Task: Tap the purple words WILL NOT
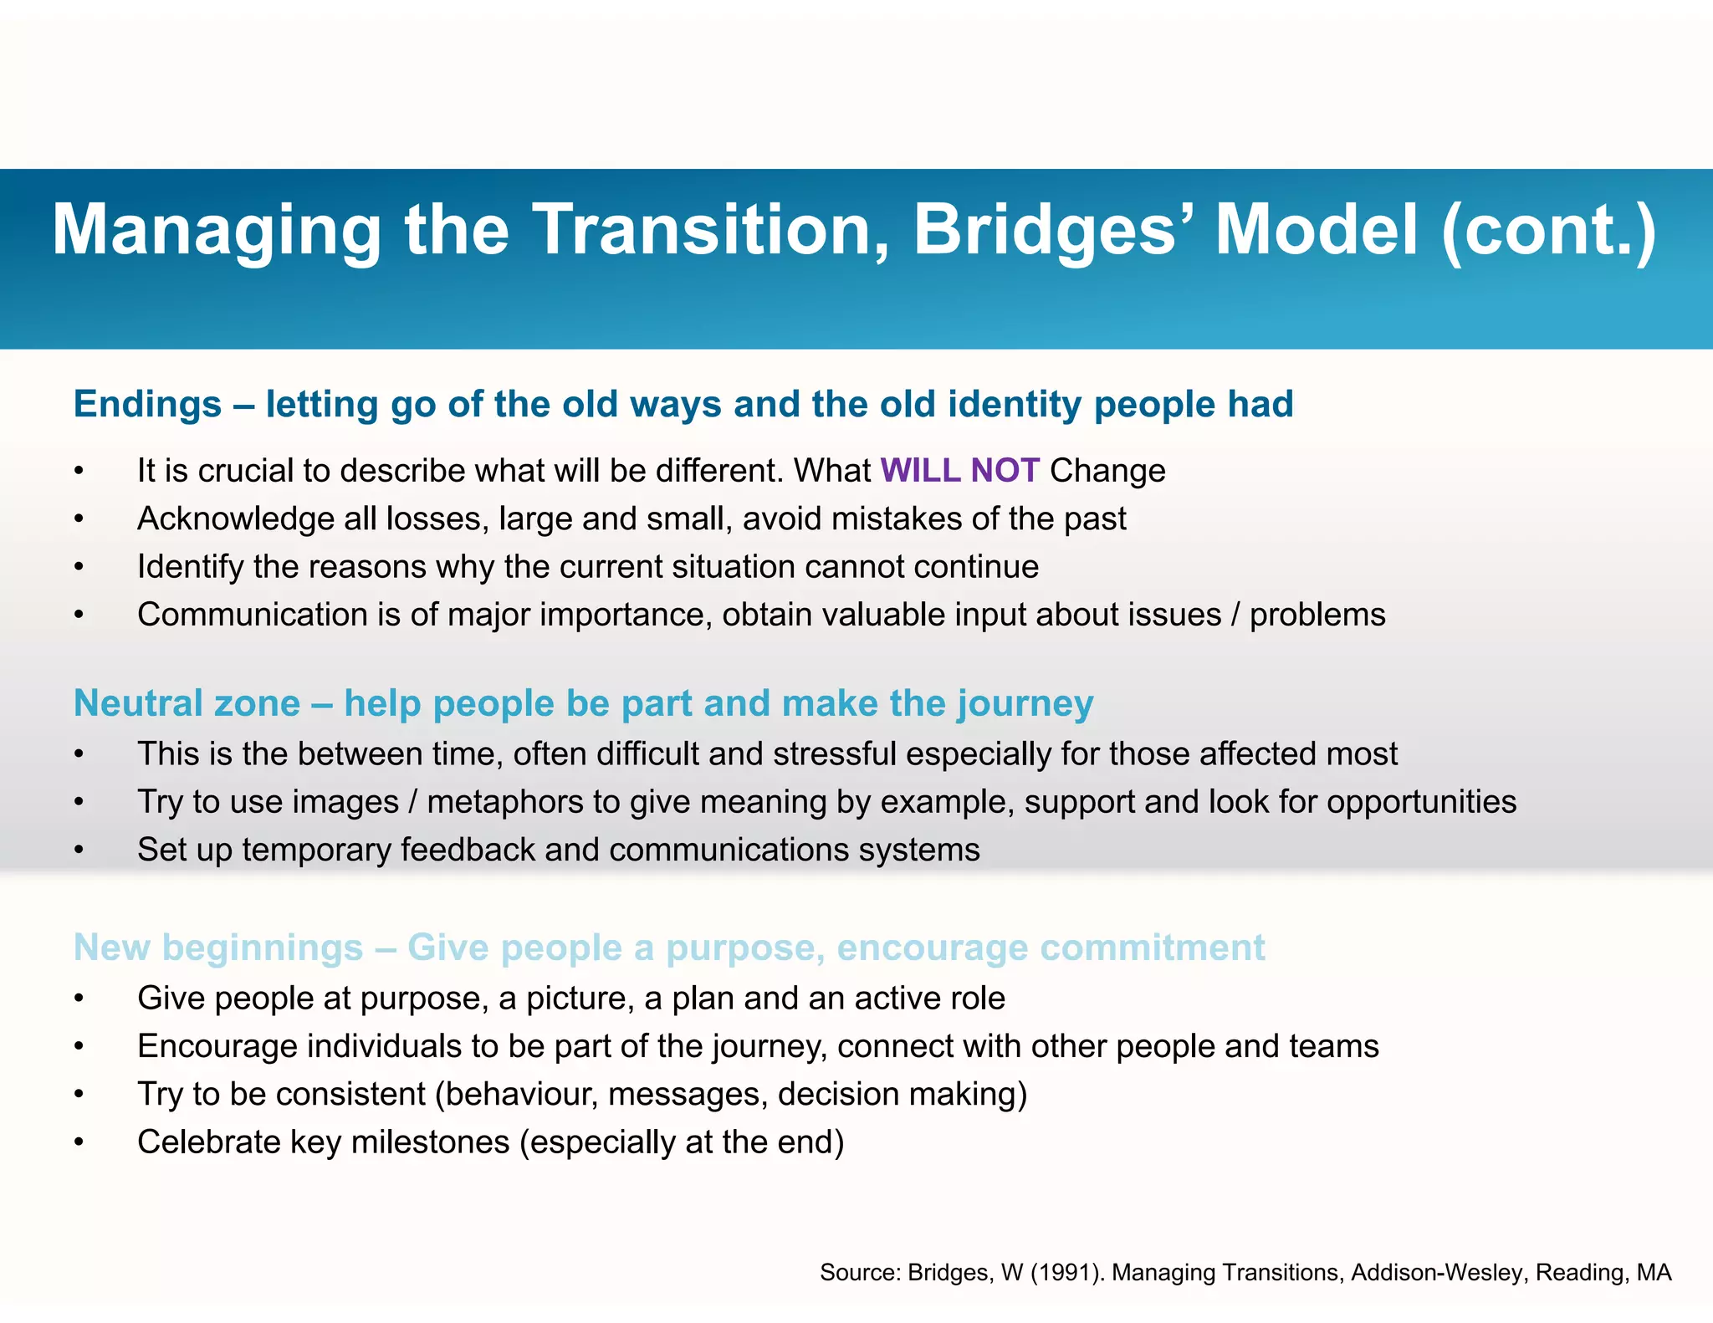click(x=959, y=471)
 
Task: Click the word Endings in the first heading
click(x=147, y=405)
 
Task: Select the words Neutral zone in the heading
click(x=187, y=703)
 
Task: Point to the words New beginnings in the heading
click(x=218, y=948)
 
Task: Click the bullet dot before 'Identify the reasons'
click(x=79, y=568)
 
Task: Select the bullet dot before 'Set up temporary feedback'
click(x=79, y=850)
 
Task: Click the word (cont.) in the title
click(x=1547, y=230)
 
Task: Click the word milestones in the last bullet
click(x=430, y=1142)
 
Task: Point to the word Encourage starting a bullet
click(x=217, y=1047)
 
